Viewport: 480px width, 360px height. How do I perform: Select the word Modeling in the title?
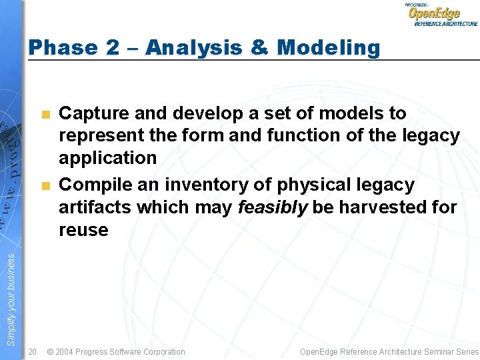click(328, 47)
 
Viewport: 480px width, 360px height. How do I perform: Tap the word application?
click(107, 158)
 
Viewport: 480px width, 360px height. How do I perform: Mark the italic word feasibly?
click(273, 207)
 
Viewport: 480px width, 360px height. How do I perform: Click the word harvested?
click(387, 207)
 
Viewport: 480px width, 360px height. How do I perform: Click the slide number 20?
click(33, 351)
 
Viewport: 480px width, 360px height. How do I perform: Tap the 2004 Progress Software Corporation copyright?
click(116, 351)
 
